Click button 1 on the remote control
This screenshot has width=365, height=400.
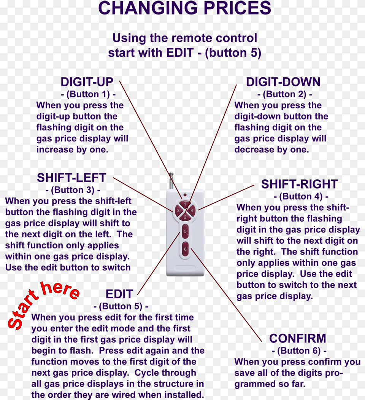pos(185,204)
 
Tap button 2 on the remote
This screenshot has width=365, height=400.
pos(185,217)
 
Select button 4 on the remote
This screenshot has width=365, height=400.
pos(192,210)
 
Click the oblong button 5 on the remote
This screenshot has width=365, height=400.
pos(185,231)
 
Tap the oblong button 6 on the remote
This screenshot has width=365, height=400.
pos(185,249)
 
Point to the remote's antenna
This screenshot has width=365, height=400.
pos(171,181)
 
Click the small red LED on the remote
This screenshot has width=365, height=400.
pos(185,195)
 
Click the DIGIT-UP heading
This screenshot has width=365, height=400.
pos(87,82)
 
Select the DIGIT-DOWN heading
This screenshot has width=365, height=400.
pos(283,82)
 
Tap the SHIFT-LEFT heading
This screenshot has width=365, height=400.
pos(71,178)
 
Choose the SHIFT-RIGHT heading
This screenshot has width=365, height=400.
pos(299,184)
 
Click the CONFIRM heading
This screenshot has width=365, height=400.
pos(298,338)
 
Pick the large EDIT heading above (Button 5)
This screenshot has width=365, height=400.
pos(119,294)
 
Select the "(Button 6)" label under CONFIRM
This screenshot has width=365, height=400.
pos(299,351)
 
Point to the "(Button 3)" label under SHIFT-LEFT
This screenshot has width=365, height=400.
pos(73,190)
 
